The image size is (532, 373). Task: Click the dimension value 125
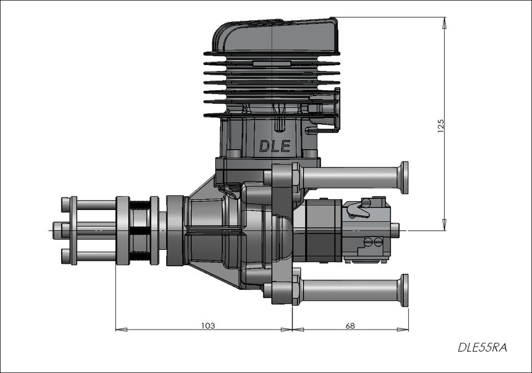pyautogui.click(x=441, y=125)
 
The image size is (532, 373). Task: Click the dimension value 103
pyautogui.click(x=208, y=326)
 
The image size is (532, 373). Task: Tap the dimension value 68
pyautogui.click(x=350, y=326)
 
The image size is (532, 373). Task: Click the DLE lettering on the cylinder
pyautogui.click(x=274, y=146)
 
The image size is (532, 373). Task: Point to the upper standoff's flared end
pyautogui.click(x=403, y=178)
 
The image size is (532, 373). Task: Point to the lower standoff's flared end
pyautogui.click(x=403, y=290)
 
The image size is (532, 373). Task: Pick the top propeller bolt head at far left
pyautogui.click(x=65, y=205)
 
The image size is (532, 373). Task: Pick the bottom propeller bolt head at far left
pyautogui.click(x=65, y=256)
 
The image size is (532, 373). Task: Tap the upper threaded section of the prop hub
pyautogui.click(x=139, y=205)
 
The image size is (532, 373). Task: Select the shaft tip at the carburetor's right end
pyautogui.click(x=395, y=230)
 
